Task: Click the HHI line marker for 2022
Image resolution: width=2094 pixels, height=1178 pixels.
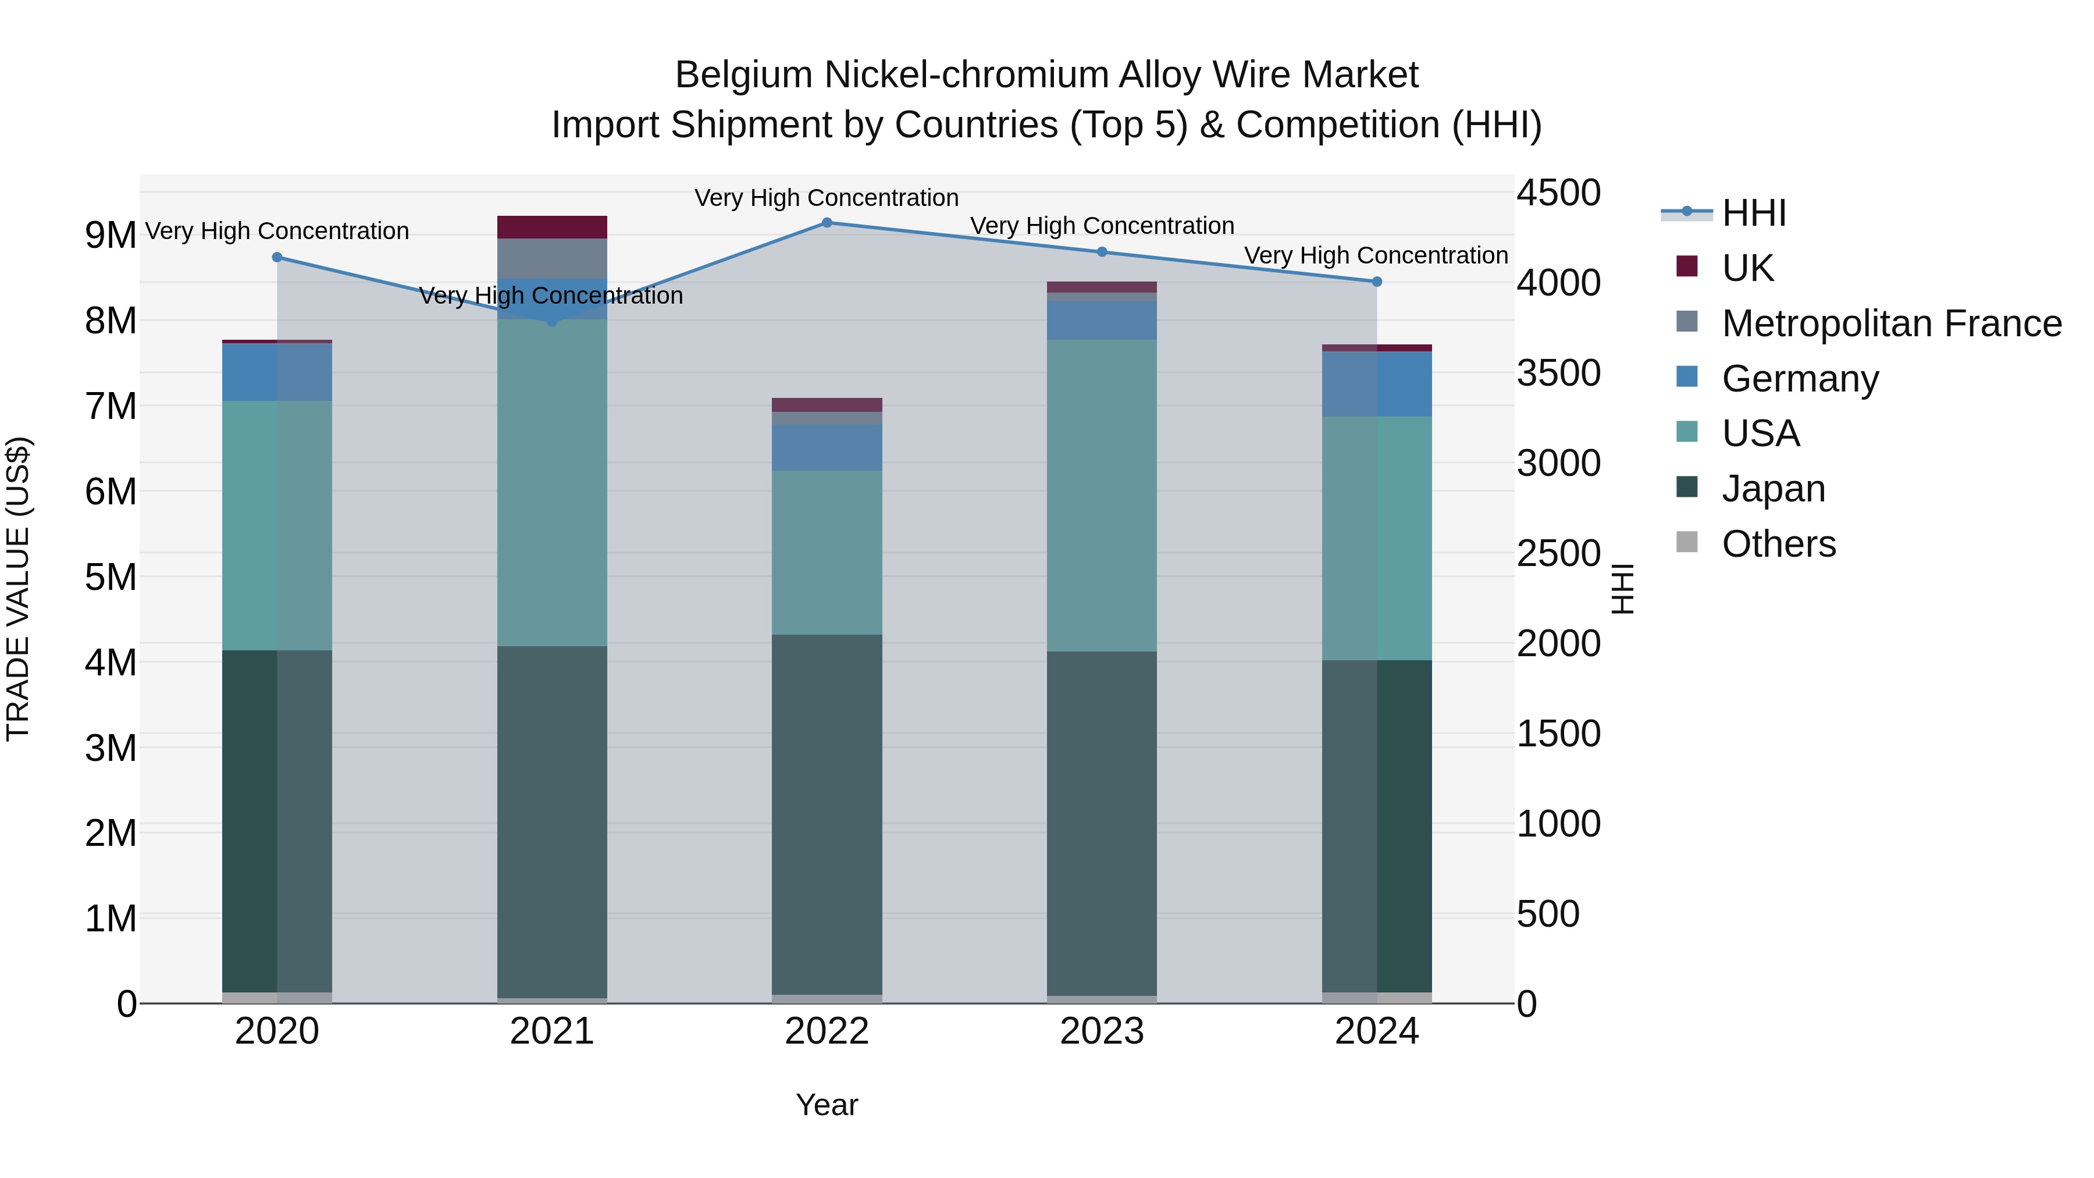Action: [827, 223]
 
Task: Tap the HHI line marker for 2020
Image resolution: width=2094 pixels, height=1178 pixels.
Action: [277, 258]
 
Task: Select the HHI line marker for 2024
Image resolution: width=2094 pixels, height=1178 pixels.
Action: [1377, 282]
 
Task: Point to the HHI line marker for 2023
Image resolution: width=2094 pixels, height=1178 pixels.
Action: [1102, 252]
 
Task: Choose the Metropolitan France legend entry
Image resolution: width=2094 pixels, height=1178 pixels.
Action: [1891, 323]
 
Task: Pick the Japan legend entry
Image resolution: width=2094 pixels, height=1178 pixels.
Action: [1773, 489]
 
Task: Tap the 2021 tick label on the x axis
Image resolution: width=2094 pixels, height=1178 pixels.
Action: [552, 1031]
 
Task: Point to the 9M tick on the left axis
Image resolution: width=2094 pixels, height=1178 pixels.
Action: [111, 236]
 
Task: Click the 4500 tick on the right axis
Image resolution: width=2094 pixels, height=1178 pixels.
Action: [1558, 194]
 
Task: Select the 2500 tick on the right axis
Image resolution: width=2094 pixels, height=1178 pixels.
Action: [1558, 554]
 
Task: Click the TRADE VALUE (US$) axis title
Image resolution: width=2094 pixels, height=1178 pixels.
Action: [18, 589]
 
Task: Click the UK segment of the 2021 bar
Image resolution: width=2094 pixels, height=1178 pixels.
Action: [552, 227]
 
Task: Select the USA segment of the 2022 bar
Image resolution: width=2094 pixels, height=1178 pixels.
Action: [827, 553]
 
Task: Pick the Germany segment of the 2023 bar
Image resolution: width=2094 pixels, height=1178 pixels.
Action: [1102, 321]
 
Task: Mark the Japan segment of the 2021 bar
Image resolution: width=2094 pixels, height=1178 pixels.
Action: [552, 821]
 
